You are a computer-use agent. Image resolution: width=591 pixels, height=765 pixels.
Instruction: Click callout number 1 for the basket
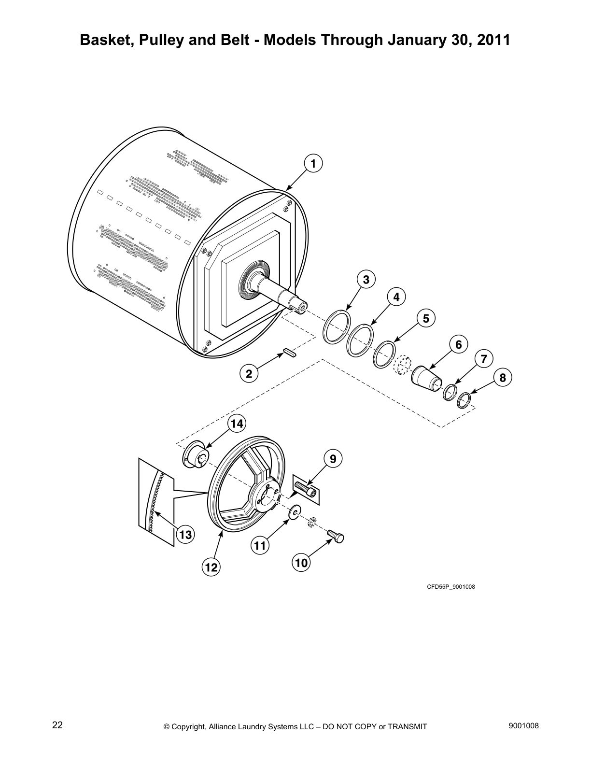click(x=313, y=163)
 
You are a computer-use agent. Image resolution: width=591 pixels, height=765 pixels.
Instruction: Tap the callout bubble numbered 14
click(x=237, y=424)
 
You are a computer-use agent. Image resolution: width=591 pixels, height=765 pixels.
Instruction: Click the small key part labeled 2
click(x=289, y=353)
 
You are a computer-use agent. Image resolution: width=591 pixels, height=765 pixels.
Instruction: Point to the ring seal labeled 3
click(x=337, y=327)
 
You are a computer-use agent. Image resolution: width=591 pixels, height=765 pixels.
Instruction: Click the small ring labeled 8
click(x=464, y=400)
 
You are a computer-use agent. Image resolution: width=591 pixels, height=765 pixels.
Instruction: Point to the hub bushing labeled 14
click(x=195, y=457)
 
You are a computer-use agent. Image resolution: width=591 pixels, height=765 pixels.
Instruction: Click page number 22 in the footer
click(x=57, y=725)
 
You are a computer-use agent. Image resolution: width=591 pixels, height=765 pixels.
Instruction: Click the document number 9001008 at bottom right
click(x=524, y=725)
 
